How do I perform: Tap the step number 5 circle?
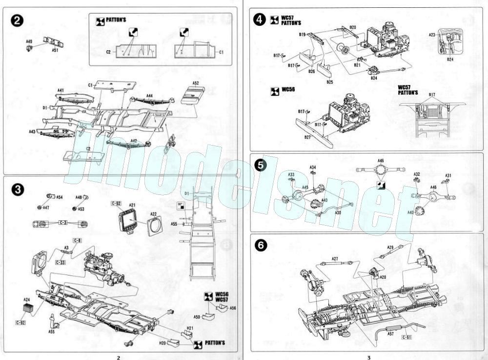tap(261, 165)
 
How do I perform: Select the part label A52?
tap(196, 83)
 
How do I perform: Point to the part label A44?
tap(149, 96)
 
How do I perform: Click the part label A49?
tap(29, 42)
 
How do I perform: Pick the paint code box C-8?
tap(77, 240)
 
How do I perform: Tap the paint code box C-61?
tap(407, 337)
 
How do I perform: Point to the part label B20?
tap(353, 27)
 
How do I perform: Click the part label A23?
tap(432, 35)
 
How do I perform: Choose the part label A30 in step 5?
tap(338, 212)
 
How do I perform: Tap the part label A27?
tap(335, 259)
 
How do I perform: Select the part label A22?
tap(153, 213)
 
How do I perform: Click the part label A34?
tap(313, 168)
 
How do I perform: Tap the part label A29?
tap(390, 248)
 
